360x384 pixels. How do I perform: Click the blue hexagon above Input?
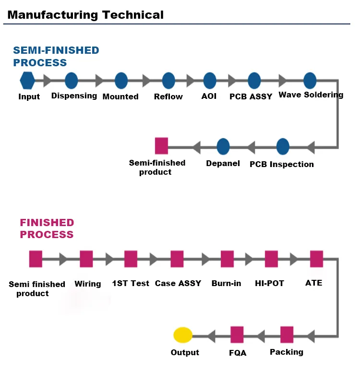[x=27, y=80]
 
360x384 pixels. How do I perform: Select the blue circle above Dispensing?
[x=71, y=80]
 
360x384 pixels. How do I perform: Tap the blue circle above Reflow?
[x=168, y=80]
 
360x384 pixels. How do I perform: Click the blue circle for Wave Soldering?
[x=310, y=80]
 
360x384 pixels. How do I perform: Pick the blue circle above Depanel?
[x=223, y=146]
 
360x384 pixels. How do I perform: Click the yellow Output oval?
[x=183, y=335]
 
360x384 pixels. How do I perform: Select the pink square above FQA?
[x=237, y=335]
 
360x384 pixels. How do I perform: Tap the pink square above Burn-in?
[x=227, y=259]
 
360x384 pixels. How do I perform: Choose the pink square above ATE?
[x=316, y=259]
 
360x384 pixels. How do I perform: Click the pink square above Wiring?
[x=86, y=259]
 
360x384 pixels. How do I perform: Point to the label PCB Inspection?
[x=282, y=164]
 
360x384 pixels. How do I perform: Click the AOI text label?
[x=209, y=96]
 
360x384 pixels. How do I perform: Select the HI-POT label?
[x=269, y=283]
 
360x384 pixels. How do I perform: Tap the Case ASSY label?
[x=178, y=283]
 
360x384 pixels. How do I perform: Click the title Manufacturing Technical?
[x=85, y=15]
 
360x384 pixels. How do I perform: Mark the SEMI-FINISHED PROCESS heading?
[x=56, y=56]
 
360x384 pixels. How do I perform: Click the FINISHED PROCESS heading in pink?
[x=47, y=228]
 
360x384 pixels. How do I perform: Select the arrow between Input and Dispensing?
[x=47, y=80]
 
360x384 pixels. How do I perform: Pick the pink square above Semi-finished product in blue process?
[x=161, y=145]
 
